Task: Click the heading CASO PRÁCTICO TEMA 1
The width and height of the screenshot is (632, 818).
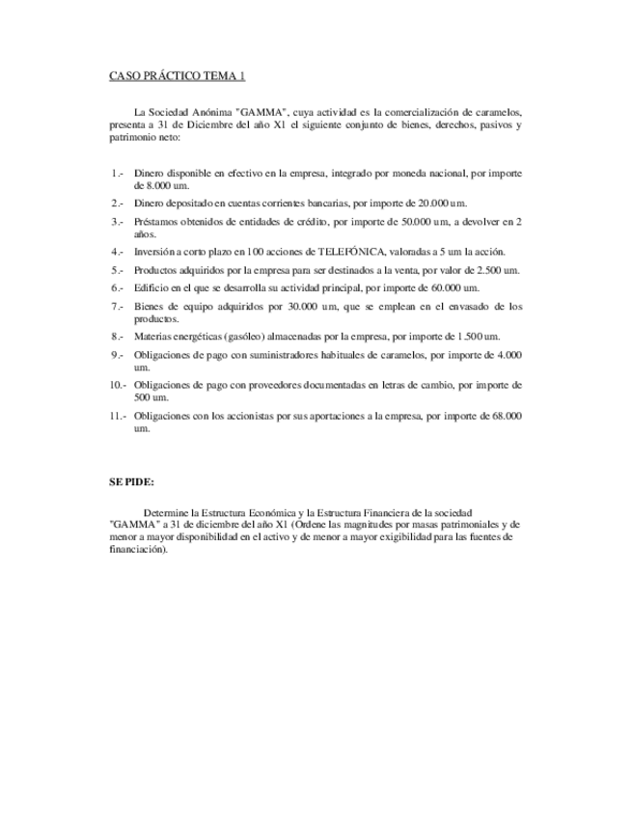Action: click(x=177, y=75)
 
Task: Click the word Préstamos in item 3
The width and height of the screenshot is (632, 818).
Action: click(x=157, y=222)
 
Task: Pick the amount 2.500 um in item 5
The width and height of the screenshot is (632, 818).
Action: click(x=499, y=270)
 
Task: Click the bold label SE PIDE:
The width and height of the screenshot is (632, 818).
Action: click(x=130, y=480)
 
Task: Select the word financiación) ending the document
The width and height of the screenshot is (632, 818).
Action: click(x=139, y=549)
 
